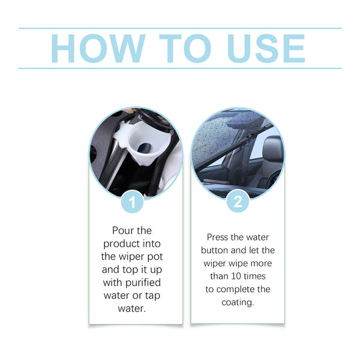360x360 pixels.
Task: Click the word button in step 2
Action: pyautogui.click(x=214, y=250)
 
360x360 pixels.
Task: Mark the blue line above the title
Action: pyautogui.click(x=180, y=28)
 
